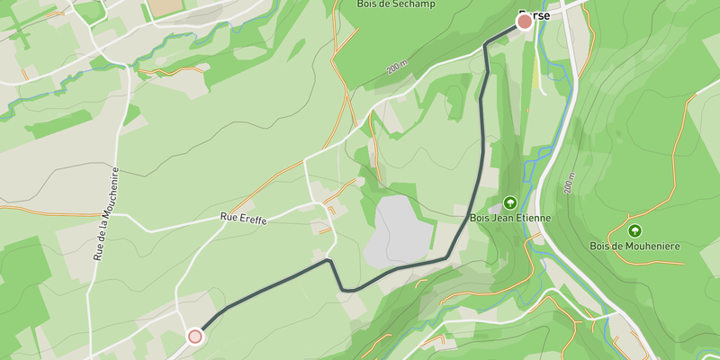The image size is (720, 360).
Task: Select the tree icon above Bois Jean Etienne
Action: [x=510, y=202]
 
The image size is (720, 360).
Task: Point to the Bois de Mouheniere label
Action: [x=634, y=246]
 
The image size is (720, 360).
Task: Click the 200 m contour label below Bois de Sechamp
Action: [x=396, y=68]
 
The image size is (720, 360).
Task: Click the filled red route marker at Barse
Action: [x=525, y=22]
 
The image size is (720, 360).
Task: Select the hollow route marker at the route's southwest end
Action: [x=194, y=337]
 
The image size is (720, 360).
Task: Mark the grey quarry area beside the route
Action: [x=400, y=229]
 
